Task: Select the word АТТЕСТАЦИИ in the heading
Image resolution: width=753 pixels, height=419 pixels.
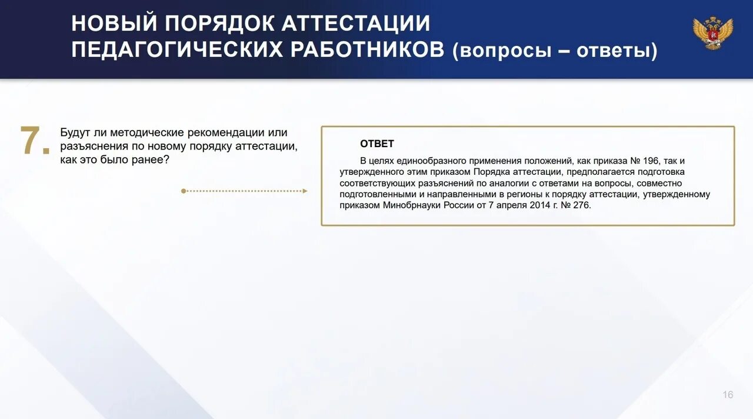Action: click(356, 24)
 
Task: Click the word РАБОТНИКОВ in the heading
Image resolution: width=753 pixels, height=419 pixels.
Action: click(366, 51)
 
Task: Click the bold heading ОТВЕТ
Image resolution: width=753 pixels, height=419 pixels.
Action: click(376, 144)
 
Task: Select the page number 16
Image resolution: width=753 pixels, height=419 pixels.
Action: click(728, 395)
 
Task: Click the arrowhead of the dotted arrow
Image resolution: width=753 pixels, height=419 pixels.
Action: click(304, 191)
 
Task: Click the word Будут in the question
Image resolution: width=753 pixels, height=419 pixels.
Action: click(75, 133)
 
